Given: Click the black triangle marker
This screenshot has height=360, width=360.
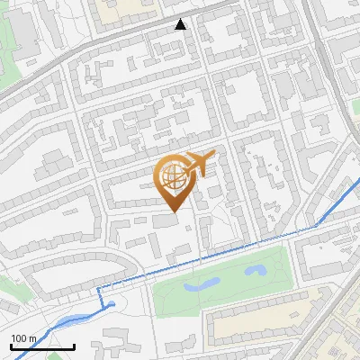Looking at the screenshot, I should pyautogui.click(x=181, y=24).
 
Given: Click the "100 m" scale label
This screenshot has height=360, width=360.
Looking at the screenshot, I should pyautogui.click(x=23, y=338).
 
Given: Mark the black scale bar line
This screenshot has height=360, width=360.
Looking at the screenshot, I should pyautogui.click(x=42, y=346).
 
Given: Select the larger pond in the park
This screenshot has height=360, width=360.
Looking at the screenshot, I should pyautogui.click(x=203, y=283).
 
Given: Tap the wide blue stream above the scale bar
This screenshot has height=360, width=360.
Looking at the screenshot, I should pyautogui.click(x=54, y=324).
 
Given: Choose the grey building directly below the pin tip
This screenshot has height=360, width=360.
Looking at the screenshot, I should pyautogui.click(x=166, y=220).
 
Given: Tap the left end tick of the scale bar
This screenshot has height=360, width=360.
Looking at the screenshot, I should pyautogui.click(x=11, y=345).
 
